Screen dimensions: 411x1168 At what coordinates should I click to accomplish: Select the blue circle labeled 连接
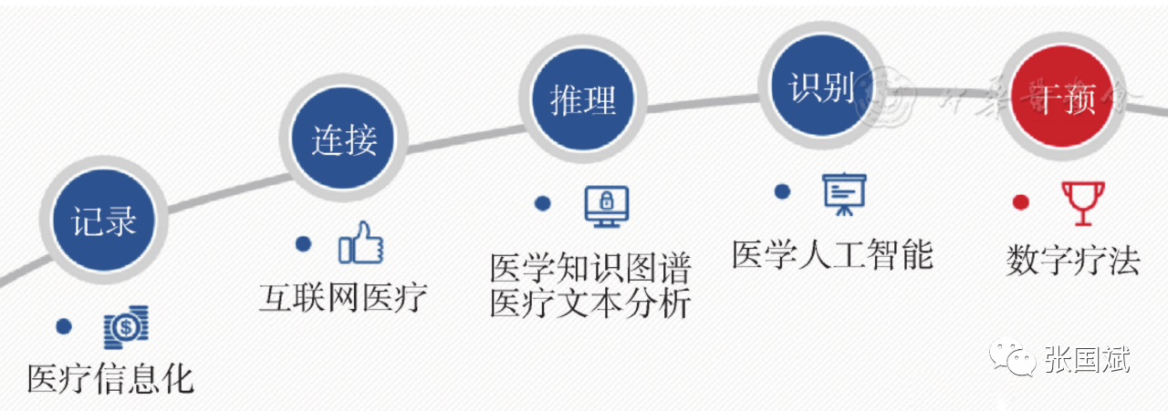pyautogui.click(x=344, y=140)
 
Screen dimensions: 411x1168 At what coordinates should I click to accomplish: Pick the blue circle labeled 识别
pyautogui.click(x=821, y=87)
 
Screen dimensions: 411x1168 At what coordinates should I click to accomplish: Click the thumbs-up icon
pyautogui.click(x=360, y=243)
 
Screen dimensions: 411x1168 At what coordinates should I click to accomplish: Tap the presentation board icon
pyautogui.click(x=845, y=193)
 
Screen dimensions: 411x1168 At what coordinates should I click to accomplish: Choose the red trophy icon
pyautogui.click(x=1082, y=202)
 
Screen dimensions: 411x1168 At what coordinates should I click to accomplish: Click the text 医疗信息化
pyautogui.click(x=111, y=378)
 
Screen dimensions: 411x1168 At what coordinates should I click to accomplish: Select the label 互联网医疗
pyautogui.click(x=343, y=296)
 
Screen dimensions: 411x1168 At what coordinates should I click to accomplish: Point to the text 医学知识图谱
pyautogui.click(x=590, y=268)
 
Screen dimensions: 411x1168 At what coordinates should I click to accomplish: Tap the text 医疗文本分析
pyautogui.click(x=590, y=303)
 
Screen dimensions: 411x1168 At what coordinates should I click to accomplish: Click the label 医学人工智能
pyautogui.click(x=832, y=254)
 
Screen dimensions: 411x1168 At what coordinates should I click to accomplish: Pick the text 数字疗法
pyautogui.click(x=1073, y=261)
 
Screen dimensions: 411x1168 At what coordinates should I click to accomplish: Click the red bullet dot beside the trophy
pyautogui.click(x=1021, y=202)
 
